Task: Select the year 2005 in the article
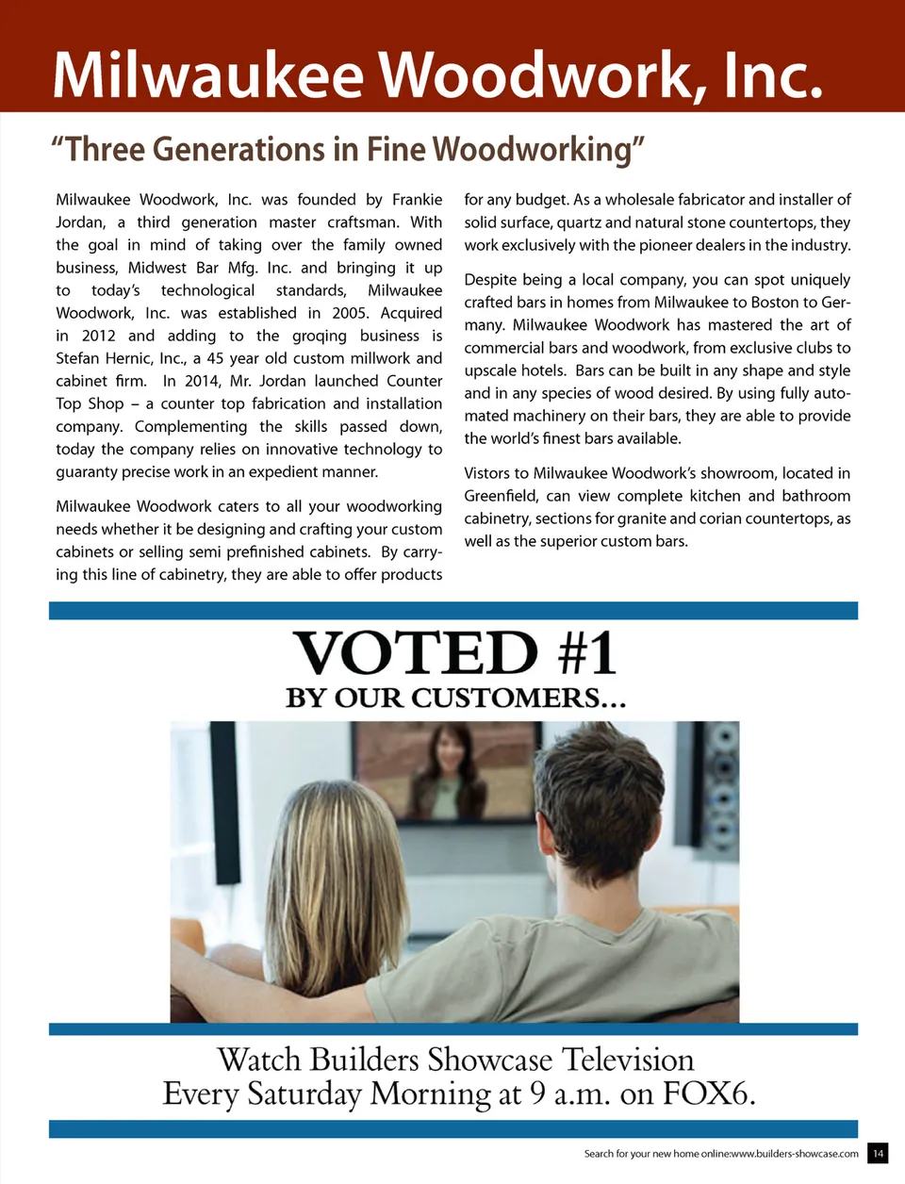tap(350, 313)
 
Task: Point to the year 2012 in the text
tap(98, 336)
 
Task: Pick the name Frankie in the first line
tap(417, 200)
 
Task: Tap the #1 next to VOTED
tap(587, 653)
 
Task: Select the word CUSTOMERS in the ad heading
tap(505, 699)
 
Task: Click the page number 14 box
tap(878, 1153)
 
